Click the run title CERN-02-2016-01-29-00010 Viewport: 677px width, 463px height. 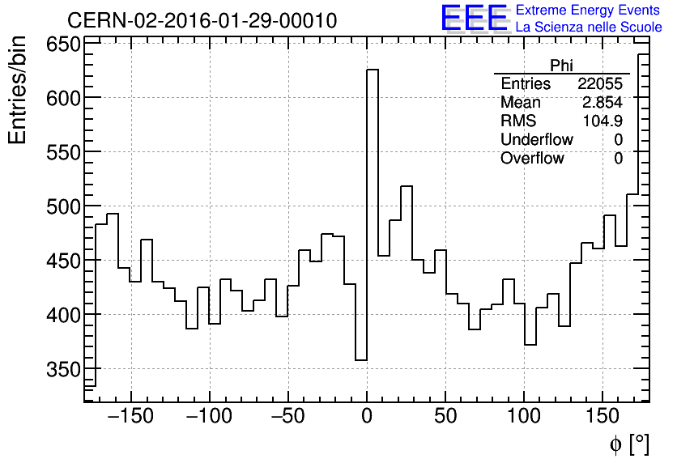pyautogui.click(x=202, y=20)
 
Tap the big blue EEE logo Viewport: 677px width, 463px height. pyautogui.click(x=474, y=19)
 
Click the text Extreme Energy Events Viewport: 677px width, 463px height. pyautogui.click(x=588, y=11)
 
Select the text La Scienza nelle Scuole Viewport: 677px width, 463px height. pyautogui.click(x=589, y=28)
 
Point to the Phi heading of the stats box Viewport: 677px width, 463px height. pyautogui.click(x=561, y=66)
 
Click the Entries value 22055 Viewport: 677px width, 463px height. pyautogui.click(x=600, y=84)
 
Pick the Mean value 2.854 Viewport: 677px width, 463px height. pyautogui.click(x=602, y=103)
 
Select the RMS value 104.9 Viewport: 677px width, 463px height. pyautogui.click(x=602, y=121)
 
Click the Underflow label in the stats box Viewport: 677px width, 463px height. pyautogui.click(x=536, y=140)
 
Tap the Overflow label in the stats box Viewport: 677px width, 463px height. pyautogui.click(x=532, y=159)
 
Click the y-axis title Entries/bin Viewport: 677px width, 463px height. pyautogui.click(x=18, y=91)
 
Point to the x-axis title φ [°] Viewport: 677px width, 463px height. pyautogui.click(x=629, y=444)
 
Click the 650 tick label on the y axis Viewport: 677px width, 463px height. pyautogui.click(x=61, y=45)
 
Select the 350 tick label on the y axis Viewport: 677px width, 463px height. pyautogui.click(x=61, y=369)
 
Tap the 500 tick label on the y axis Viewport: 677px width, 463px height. pyautogui.click(x=61, y=206)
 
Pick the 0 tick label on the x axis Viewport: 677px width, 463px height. pyautogui.click(x=367, y=418)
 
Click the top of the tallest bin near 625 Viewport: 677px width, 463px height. pyautogui.click(x=373, y=70)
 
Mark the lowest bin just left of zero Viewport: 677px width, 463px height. pyautogui.click(x=361, y=359)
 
